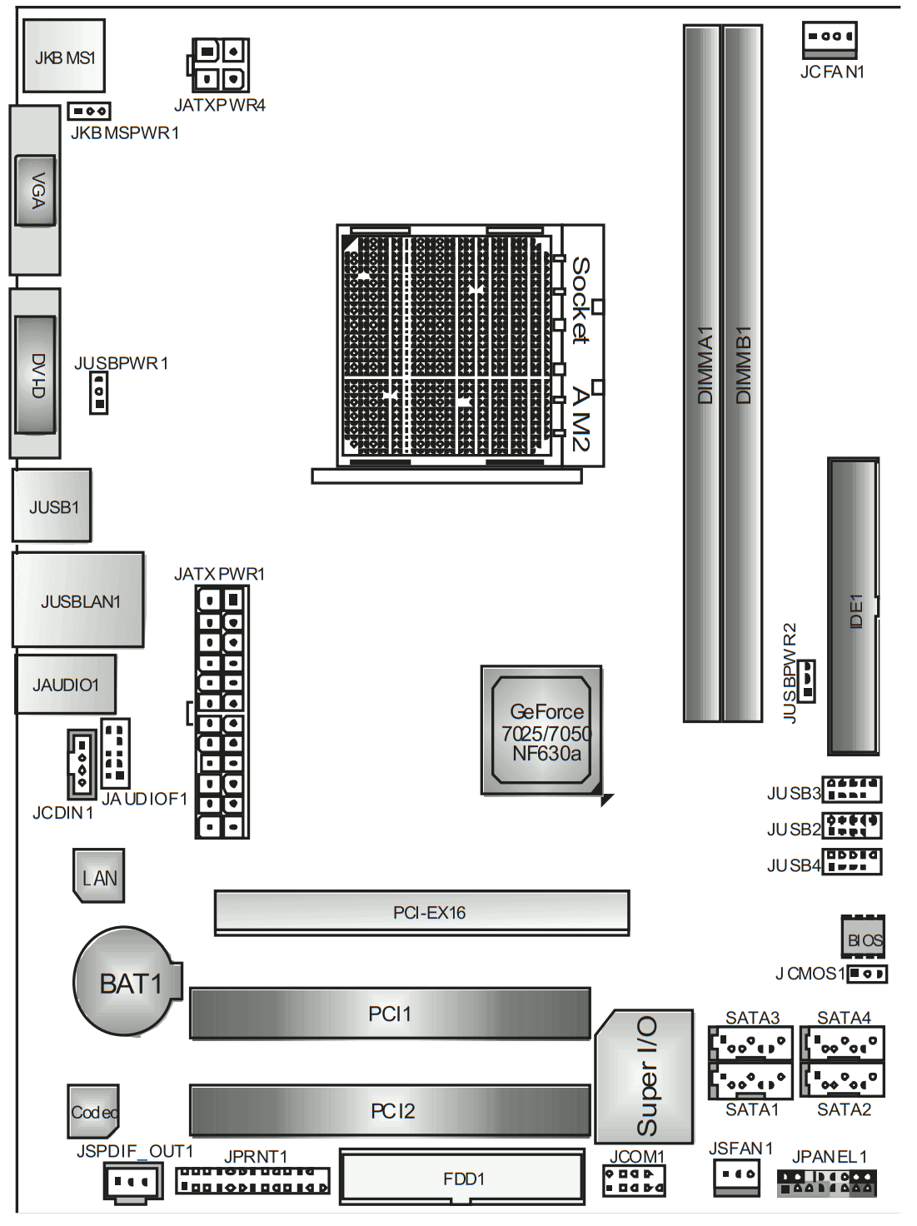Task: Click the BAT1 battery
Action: click(127, 982)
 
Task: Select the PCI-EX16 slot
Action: click(422, 913)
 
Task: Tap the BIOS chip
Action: click(863, 937)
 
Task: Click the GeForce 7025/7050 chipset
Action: click(541, 730)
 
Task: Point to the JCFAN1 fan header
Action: click(830, 40)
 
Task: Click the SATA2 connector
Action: click(842, 1079)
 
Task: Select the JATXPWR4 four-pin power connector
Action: click(218, 65)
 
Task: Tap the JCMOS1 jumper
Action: click(867, 974)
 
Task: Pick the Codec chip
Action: click(93, 1112)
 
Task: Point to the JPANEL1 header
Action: click(827, 1184)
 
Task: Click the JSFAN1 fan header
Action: click(736, 1178)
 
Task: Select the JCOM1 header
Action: click(634, 1181)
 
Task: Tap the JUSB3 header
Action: click(852, 790)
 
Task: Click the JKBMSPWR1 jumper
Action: click(89, 111)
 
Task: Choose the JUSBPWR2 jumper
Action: click(806, 680)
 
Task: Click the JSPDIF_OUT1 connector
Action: click(133, 1180)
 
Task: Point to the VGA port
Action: click(35, 191)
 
